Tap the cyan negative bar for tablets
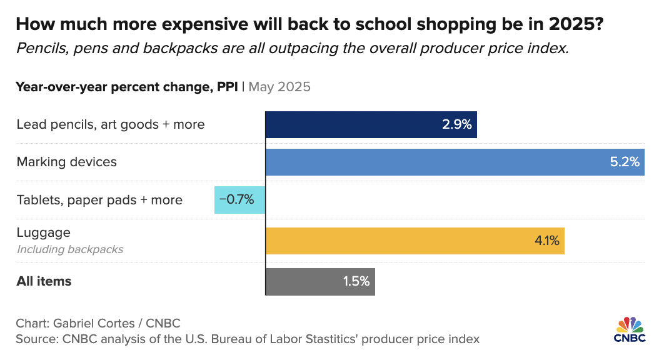[240, 200]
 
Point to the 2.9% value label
[456, 124]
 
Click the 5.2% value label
[625, 162]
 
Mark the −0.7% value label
[236, 200]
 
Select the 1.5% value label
[356, 281]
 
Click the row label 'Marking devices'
[66, 162]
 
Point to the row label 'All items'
[44, 281]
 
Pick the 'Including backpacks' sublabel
[70, 249]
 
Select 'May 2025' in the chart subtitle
[279, 87]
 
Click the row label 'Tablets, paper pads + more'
[99, 200]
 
